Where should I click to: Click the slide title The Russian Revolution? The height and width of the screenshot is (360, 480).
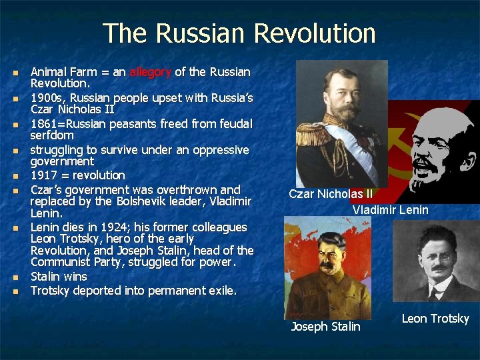tap(239, 33)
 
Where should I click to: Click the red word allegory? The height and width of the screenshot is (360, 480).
tap(151, 72)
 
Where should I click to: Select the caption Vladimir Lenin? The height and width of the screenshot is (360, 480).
tap(390, 210)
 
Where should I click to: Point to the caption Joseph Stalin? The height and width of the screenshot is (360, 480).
tap(325, 327)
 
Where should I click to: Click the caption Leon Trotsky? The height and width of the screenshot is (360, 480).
tap(435, 319)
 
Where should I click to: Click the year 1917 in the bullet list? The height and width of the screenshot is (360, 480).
tap(44, 175)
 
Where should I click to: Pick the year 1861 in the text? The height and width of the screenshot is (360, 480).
tap(44, 124)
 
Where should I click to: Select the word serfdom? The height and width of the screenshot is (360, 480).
tap(52, 135)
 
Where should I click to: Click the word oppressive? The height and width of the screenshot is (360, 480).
tap(219, 150)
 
